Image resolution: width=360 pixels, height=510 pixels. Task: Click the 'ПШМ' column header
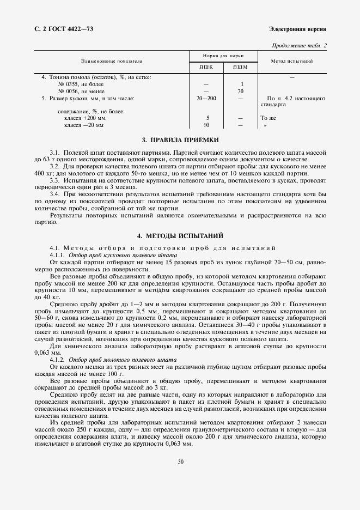tap(240, 67)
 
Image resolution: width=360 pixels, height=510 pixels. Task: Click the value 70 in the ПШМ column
tap(240, 92)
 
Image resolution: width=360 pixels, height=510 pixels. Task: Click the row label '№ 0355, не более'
tap(81, 84)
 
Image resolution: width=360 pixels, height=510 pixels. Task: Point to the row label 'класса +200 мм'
tap(85, 118)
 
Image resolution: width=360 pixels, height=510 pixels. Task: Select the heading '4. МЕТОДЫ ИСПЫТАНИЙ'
tap(180, 235)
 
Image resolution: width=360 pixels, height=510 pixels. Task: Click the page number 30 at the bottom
tap(180, 463)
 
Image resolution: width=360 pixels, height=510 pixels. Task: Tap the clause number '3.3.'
tap(54, 179)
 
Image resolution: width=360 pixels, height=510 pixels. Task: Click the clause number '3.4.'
tap(54, 193)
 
